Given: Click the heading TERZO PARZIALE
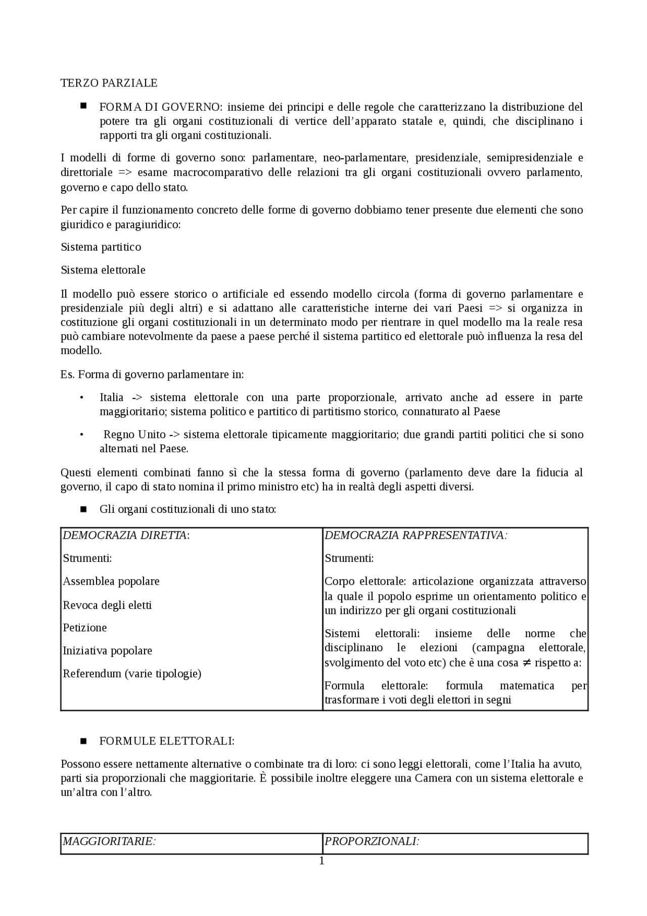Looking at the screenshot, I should [109, 83].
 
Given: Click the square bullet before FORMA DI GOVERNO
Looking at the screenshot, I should [83, 106].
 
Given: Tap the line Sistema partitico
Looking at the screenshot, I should [101, 247].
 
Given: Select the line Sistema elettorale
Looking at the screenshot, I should [103, 270].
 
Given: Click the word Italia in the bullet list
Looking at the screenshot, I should [111, 398].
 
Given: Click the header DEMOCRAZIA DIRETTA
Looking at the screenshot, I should [125, 536].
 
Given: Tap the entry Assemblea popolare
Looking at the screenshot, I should [111, 582].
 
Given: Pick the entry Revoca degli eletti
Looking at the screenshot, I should [107, 605].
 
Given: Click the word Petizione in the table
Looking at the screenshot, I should [84, 628].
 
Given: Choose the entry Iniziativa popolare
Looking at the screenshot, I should [107, 651].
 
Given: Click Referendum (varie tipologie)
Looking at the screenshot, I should [131, 674].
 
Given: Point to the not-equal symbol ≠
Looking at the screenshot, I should [527, 663].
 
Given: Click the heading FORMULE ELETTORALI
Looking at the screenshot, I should [166, 741].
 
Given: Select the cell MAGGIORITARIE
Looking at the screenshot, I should [108, 841].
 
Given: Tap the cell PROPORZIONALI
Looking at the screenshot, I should [372, 841].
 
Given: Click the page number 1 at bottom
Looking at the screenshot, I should [321, 861].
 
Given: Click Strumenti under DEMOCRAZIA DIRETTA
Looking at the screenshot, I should [87, 558].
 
